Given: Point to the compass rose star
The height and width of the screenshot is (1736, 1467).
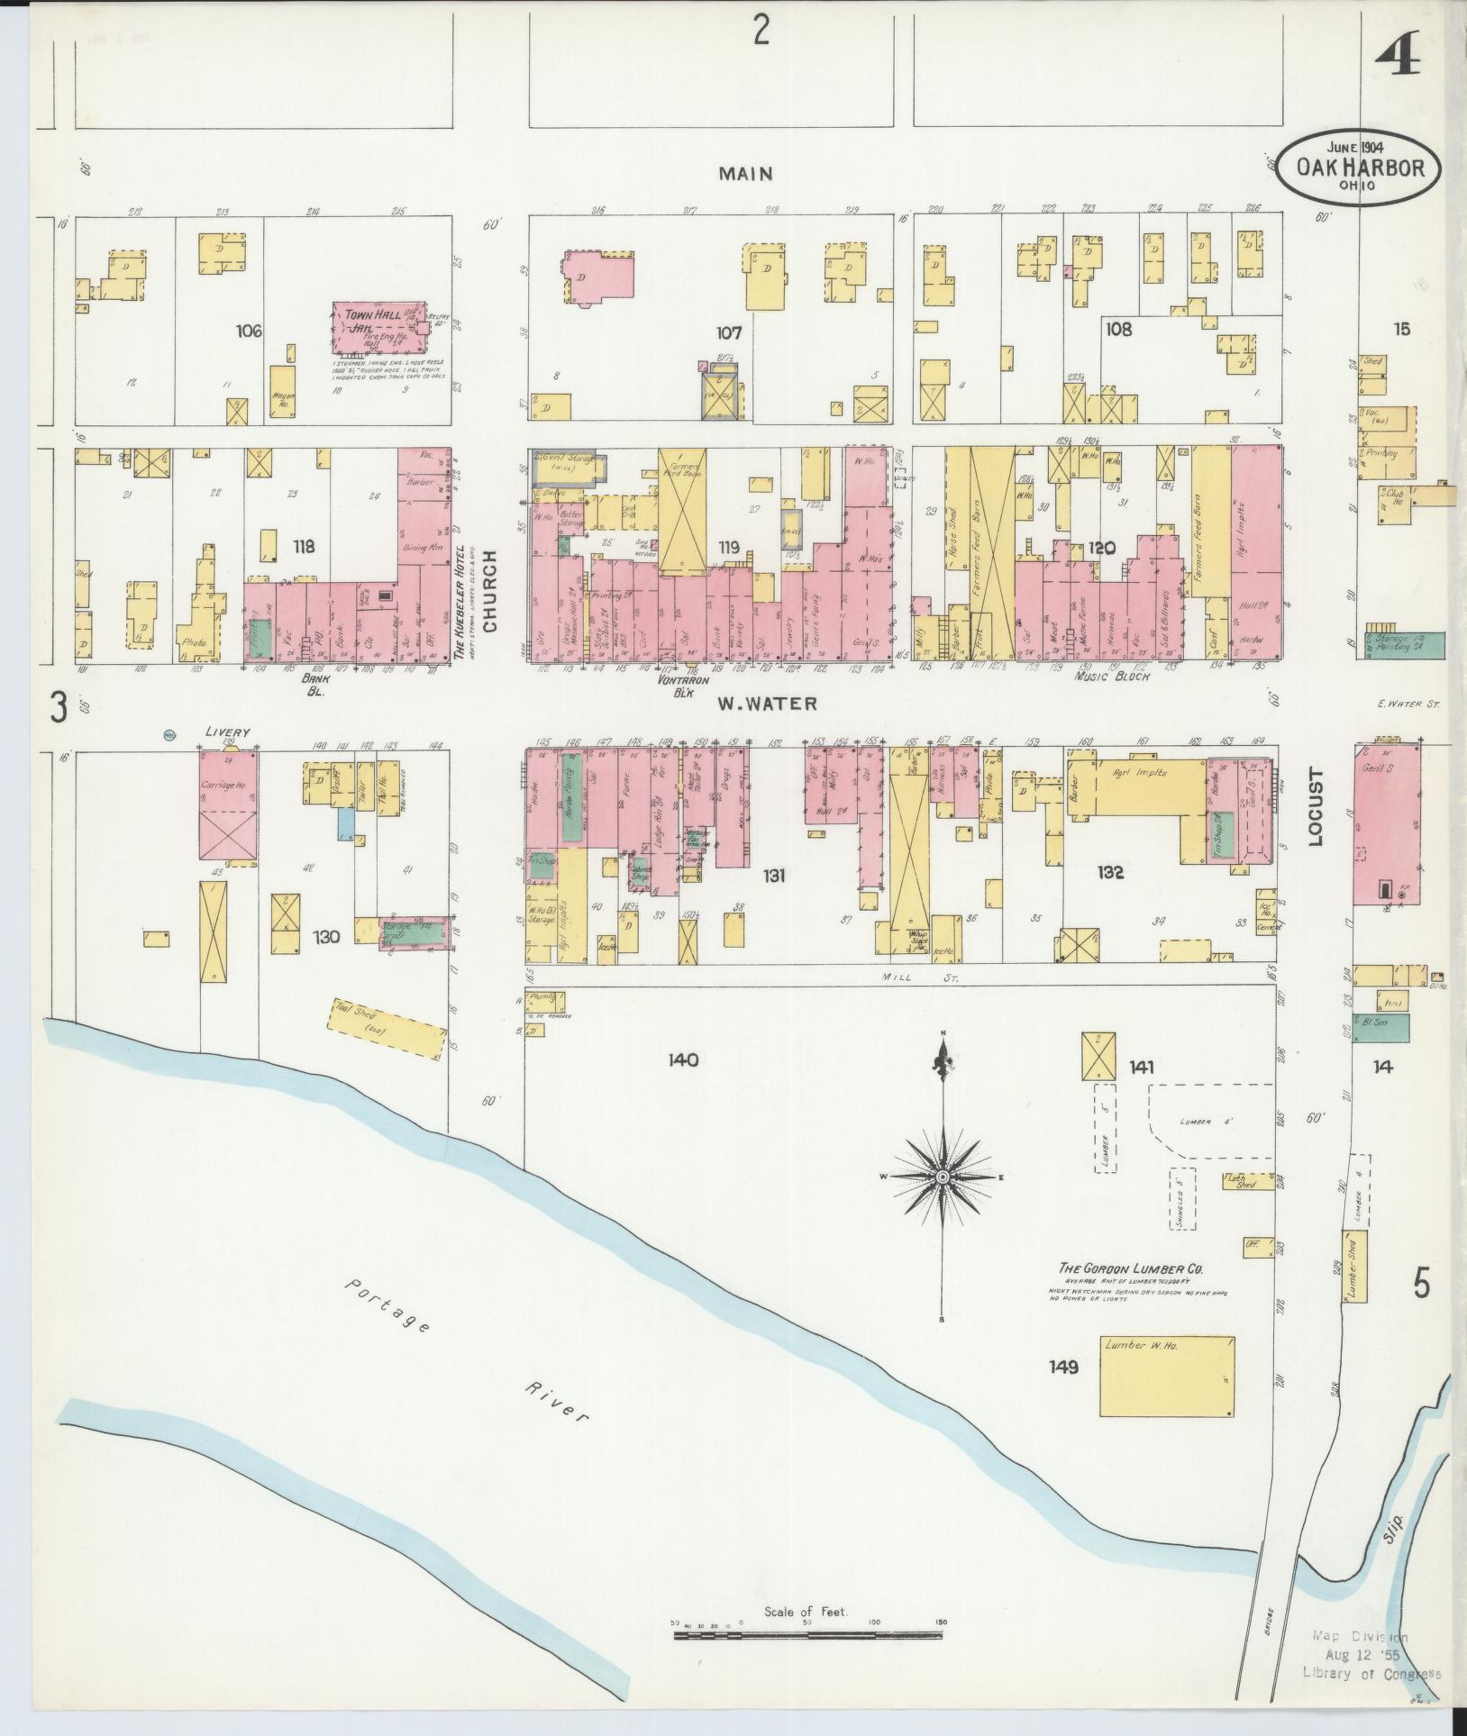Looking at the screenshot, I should click(x=943, y=1177).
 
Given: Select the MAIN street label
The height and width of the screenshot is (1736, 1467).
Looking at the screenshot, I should click(x=745, y=173).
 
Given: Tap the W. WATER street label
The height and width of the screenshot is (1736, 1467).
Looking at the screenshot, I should click(x=769, y=704).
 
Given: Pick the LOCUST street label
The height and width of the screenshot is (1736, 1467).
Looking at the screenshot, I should click(x=1315, y=806).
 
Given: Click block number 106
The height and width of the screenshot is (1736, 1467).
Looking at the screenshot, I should click(x=248, y=332).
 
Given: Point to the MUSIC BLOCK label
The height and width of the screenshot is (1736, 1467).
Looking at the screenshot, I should click(x=1113, y=677).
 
